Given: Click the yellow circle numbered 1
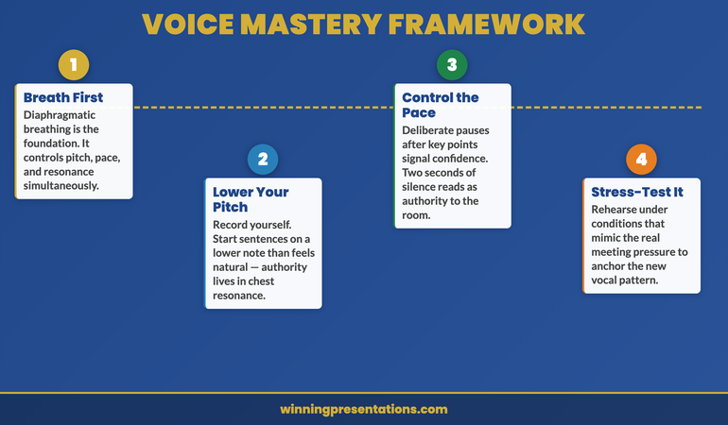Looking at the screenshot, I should tap(74, 64).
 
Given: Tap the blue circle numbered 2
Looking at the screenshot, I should tap(263, 159).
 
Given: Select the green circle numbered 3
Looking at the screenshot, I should tap(452, 64).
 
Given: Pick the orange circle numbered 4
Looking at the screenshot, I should tap(641, 159).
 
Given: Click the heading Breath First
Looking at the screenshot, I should tap(63, 97).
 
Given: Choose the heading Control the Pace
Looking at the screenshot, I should tap(440, 105).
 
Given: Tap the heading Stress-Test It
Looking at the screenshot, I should tap(636, 192).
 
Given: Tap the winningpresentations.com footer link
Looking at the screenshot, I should tap(364, 409).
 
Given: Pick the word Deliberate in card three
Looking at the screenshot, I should tap(431, 129).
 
